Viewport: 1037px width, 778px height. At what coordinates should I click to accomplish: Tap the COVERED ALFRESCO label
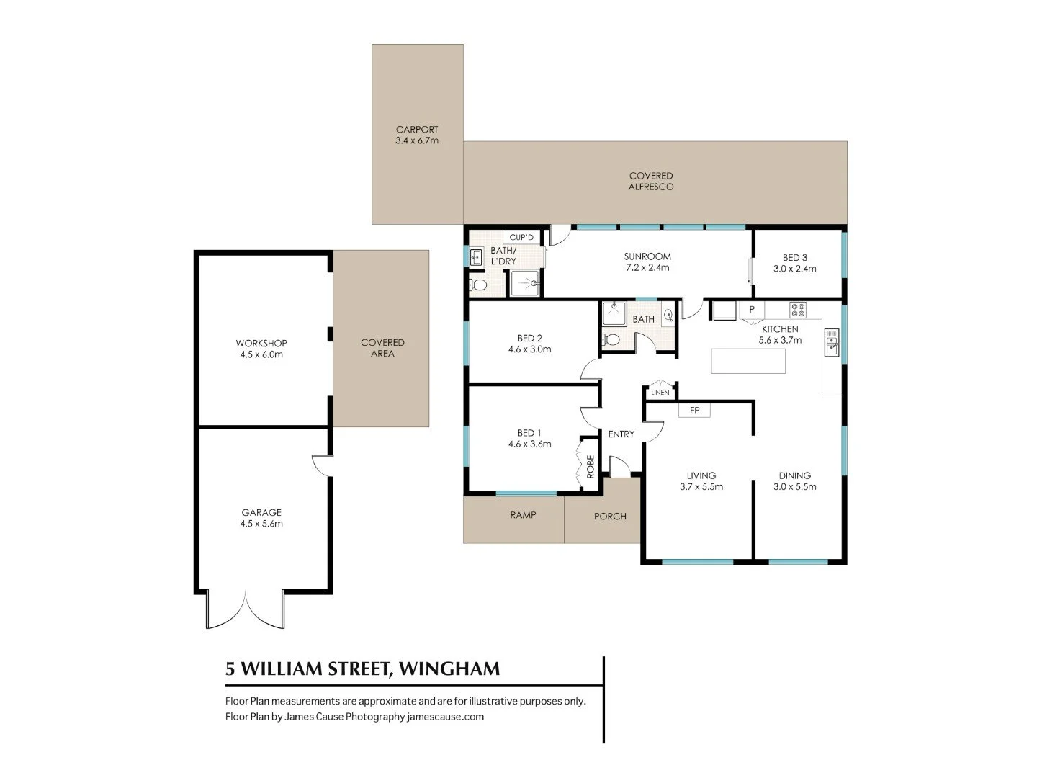[x=651, y=181]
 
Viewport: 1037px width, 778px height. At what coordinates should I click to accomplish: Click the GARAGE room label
[x=261, y=513]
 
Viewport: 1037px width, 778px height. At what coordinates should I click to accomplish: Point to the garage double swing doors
[x=246, y=610]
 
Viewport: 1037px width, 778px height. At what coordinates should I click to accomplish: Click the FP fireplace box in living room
[x=694, y=411]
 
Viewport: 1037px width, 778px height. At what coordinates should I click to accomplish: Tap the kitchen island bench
[x=748, y=361]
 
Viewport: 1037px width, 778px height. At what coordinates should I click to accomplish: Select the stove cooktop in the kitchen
[x=798, y=310]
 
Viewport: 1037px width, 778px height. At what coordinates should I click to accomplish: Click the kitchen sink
[x=832, y=343]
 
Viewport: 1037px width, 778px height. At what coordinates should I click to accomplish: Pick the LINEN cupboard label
[x=660, y=393]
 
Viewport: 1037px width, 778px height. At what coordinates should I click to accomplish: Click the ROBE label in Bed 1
[x=591, y=467]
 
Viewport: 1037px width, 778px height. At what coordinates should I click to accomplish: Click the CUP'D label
[x=521, y=238]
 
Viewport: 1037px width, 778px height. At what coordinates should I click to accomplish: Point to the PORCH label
[x=610, y=517]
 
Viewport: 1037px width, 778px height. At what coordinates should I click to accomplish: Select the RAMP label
[x=523, y=515]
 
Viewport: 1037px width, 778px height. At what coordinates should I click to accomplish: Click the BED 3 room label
[x=795, y=258]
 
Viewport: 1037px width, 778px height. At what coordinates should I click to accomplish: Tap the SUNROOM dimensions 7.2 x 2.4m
[x=647, y=267]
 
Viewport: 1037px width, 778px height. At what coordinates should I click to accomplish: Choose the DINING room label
[x=795, y=475]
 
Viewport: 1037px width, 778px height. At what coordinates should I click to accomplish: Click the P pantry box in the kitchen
[x=752, y=310]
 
